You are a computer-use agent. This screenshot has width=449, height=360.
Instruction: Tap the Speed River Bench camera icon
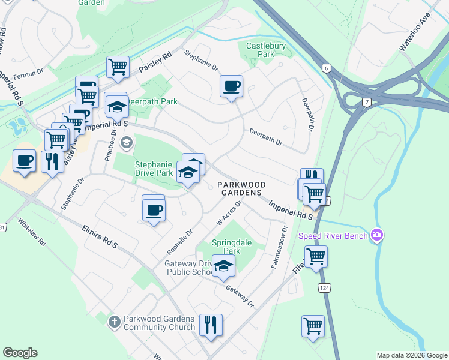point(377,235)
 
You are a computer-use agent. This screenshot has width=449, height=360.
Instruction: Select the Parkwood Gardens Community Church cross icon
point(114,322)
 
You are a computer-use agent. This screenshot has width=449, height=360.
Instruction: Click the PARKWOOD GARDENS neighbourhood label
point(240,188)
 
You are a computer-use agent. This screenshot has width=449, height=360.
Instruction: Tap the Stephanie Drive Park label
point(145,169)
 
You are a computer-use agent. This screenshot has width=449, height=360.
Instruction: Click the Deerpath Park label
point(151,101)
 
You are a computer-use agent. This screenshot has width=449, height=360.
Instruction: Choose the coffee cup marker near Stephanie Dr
point(231,86)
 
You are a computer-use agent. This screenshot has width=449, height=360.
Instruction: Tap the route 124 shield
point(325,288)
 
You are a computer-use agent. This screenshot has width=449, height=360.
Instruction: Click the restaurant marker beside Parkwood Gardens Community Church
point(211,325)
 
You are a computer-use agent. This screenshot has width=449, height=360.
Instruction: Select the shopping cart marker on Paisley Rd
point(118,67)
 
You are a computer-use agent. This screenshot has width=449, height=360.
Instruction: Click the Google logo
point(20,353)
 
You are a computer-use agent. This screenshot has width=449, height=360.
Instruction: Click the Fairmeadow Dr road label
point(280,247)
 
